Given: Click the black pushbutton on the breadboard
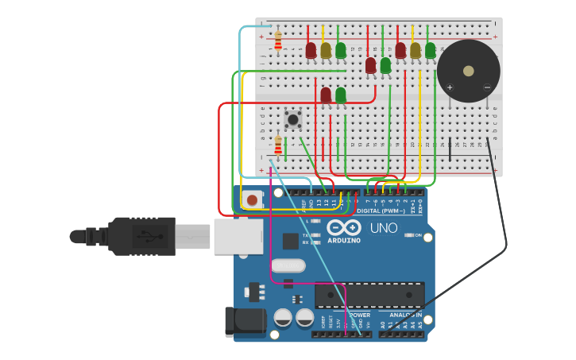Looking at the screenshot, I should pyautogui.click(x=293, y=120).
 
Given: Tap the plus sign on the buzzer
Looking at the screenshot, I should pyautogui.click(x=450, y=87).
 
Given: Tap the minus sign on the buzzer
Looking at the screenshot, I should pyautogui.click(x=487, y=87).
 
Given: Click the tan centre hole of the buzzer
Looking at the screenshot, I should pyautogui.click(x=469, y=71).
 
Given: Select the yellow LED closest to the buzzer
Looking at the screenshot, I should pyautogui.click(x=415, y=51).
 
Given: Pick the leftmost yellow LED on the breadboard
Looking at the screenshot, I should pyautogui.click(x=326, y=51).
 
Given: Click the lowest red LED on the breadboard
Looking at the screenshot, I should pyautogui.click(x=326, y=95).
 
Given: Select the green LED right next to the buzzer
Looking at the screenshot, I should pyautogui.click(x=430, y=51).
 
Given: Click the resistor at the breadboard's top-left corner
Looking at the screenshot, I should pyautogui.click(x=278, y=41).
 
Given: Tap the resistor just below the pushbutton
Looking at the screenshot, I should pyautogui.click(x=278, y=146).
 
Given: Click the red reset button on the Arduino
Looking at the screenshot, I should pyautogui.click(x=252, y=199).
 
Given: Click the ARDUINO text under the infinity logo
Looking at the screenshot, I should pyautogui.click(x=343, y=240).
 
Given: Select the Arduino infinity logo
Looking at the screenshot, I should pyautogui.click(x=343, y=227).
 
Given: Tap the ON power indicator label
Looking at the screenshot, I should pyautogui.click(x=418, y=235).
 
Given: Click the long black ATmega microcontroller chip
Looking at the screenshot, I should pyautogui.click(x=369, y=295).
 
